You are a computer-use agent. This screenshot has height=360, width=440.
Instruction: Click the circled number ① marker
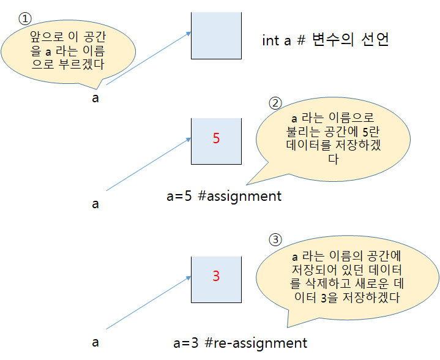[25, 18]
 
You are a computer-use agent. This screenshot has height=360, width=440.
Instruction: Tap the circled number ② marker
[276, 102]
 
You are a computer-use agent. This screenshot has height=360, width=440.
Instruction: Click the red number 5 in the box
[216, 138]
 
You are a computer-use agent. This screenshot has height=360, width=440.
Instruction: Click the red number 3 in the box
[216, 276]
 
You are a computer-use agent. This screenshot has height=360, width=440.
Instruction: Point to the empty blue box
[216, 35]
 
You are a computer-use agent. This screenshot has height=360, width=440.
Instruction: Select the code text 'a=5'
[179, 197]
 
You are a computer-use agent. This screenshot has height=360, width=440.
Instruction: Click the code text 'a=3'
[186, 342]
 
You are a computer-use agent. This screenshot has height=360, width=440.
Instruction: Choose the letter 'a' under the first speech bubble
[95, 98]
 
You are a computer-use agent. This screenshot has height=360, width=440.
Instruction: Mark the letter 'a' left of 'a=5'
[95, 204]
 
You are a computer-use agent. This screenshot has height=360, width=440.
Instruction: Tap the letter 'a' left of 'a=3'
[95, 342]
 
